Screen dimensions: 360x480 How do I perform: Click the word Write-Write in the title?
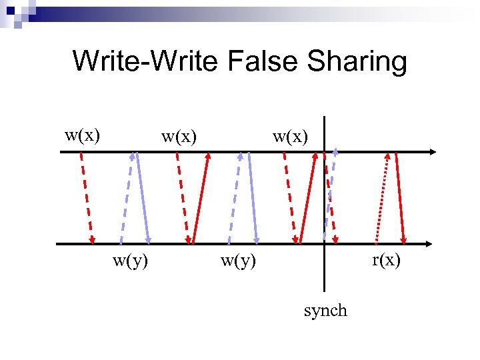point(146,61)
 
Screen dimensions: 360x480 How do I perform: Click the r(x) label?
point(387,260)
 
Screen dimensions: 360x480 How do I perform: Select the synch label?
point(325,311)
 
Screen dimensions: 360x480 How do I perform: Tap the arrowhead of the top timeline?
point(433,153)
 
